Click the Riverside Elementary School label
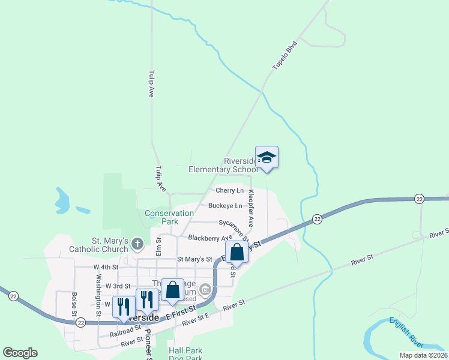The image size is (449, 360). [x=223, y=165]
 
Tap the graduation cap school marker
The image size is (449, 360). [x=267, y=158]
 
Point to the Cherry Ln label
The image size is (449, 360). [x=230, y=190]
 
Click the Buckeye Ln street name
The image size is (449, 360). [x=225, y=206]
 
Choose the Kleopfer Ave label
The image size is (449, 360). [x=252, y=208]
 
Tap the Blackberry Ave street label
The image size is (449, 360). [x=210, y=238]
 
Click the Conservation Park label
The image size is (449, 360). [x=169, y=217]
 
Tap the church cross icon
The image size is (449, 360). [x=137, y=244]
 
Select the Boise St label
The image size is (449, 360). [x=74, y=305]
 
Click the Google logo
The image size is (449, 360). [x=20, y=353]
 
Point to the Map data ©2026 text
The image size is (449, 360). [x=423, y=355]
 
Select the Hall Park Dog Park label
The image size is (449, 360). [x=185, y=354]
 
